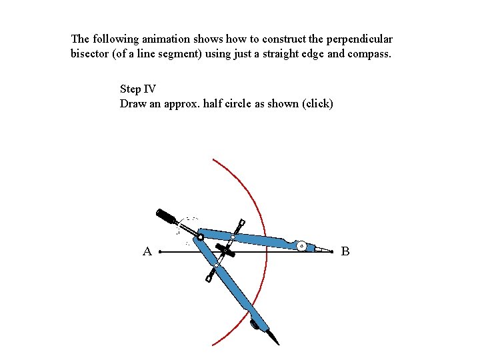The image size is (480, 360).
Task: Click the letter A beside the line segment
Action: pos(147,251)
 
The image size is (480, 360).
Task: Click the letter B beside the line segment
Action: pos(345,251)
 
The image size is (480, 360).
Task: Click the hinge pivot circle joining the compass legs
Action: pos(200,236)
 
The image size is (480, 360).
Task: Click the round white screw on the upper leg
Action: pos(302,246)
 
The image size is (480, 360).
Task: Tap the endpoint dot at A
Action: pos(161,253)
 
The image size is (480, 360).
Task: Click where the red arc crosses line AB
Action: pos(267,253)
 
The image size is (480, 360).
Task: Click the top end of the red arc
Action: pos(213,159)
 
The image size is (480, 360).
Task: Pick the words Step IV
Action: pos(138,89)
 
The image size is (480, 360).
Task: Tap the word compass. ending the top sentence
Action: pos(371,53)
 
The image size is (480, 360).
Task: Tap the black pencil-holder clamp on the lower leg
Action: pos(255,325)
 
